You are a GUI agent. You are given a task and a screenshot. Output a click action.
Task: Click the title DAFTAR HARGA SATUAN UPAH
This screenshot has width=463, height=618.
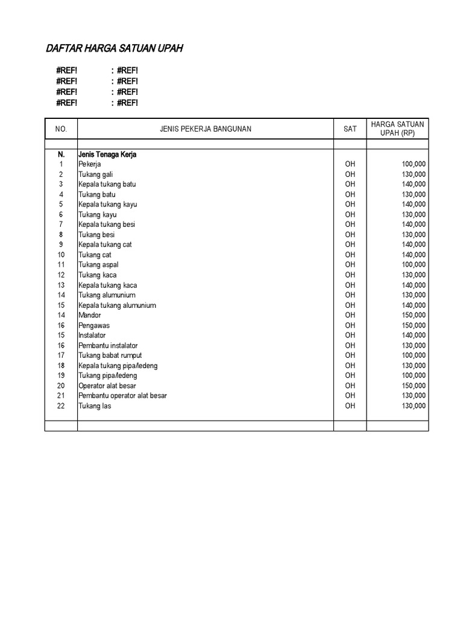pos(114,48)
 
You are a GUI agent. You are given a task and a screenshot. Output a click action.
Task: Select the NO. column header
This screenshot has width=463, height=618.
pos(61,129)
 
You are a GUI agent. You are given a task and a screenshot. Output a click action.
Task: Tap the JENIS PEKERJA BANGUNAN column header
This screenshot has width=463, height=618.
pos(206,129)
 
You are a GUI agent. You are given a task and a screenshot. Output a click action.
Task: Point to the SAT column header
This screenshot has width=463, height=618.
pos(350,129)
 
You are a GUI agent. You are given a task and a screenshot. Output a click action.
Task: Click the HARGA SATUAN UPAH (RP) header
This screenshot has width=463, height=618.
pos(397,129)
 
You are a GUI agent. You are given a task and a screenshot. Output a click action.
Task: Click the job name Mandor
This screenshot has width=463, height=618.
pos(90,315)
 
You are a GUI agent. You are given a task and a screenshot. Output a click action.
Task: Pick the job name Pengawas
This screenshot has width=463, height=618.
pos(94,325)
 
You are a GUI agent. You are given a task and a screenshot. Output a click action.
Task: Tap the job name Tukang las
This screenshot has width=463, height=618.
pos(95,406)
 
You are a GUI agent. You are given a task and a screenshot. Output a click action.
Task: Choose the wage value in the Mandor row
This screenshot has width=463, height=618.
pos(413,315)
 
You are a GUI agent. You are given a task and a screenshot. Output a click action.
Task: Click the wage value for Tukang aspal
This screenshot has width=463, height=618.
pos(413,265)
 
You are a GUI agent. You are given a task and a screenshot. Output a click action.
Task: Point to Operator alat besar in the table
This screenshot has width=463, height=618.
pos(107,386)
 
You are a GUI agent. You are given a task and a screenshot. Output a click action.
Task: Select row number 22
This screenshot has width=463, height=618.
pos(61,406)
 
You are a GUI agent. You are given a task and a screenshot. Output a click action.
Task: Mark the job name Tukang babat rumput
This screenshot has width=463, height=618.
pos(110,355)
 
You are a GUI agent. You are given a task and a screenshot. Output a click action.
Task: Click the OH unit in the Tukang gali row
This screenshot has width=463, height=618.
pos(350,174)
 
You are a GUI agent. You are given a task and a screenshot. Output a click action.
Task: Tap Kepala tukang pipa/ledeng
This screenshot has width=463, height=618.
pos(118,366)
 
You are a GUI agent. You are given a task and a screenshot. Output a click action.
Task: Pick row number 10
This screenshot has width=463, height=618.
pos(61,255)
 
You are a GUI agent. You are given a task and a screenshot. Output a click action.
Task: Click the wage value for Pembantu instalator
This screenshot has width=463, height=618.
pos(413,345)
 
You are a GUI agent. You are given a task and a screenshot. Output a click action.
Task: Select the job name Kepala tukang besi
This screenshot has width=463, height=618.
pos(107,225)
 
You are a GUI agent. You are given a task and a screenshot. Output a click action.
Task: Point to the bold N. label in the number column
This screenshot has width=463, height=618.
pos(61,154)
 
